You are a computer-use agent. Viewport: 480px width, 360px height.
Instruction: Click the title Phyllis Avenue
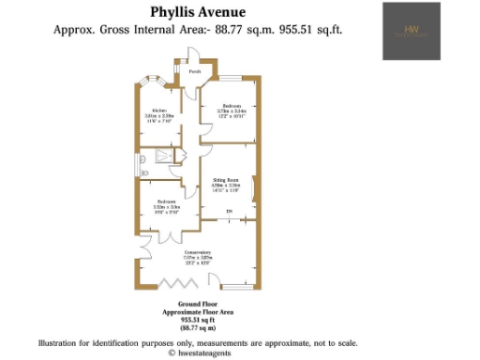(198, 12)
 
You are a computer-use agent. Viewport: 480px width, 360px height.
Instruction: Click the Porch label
(195, 71)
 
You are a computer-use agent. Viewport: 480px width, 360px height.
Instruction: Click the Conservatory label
(198, 253)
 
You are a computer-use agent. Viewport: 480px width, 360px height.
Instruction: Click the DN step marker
(228, 212)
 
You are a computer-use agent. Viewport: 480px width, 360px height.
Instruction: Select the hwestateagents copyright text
(201, 352)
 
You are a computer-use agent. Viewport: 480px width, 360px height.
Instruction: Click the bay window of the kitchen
(150, 82)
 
